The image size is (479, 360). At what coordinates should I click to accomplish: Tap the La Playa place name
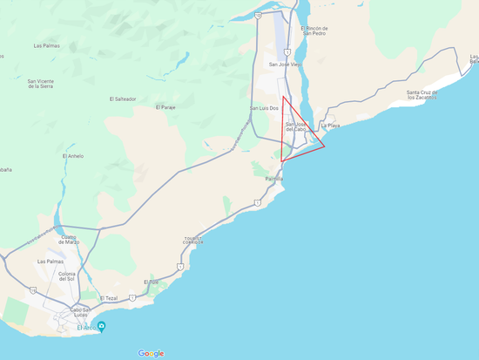[330, 126]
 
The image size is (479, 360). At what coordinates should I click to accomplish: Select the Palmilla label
[274, 179]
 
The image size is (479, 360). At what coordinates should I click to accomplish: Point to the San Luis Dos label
[264, 108]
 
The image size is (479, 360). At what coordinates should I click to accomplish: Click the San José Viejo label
[284, 65]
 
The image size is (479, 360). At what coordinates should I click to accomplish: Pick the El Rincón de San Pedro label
[314, 31]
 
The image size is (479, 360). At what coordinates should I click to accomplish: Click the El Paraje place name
[165, 107]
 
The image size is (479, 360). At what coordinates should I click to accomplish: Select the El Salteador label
[123, 99]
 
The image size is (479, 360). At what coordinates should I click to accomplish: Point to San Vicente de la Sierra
[34, 83]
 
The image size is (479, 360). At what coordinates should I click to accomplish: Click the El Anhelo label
[73, 156]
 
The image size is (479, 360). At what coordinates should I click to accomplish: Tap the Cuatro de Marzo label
[69, 239]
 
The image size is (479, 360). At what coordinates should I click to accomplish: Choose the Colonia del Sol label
[67, 277]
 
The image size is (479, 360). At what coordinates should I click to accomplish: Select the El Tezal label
[108, 298]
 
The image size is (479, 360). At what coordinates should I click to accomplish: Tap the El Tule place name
[151, 282]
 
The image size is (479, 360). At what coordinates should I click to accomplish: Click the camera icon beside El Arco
[102, 327]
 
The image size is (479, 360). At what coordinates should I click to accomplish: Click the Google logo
[151, 353]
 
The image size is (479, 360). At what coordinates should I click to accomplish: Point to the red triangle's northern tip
[284, 97]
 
